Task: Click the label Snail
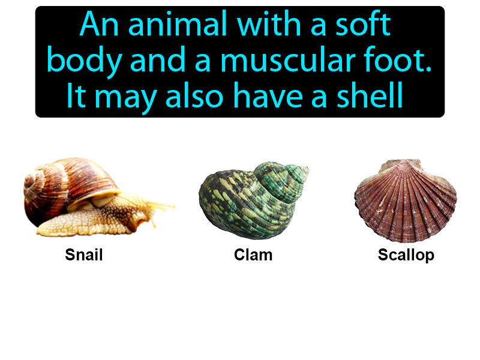click(84, 255)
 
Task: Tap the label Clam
click(253, 255)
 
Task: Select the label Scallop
click(406, 255)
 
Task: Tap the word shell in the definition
click(374, 95)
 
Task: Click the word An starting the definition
click(99, 26)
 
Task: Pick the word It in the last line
click(76, 95)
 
